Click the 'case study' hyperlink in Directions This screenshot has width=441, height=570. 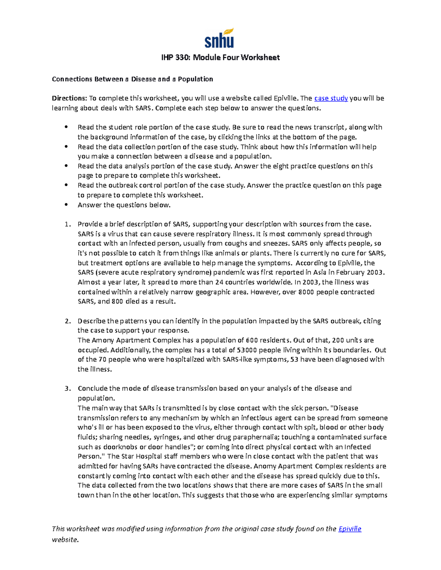[331, 98]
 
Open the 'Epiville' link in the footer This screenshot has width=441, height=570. [349, 529]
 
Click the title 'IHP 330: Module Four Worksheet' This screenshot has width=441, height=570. [220, 58]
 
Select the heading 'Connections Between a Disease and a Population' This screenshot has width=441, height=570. [132, 79]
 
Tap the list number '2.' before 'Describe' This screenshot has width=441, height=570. [67, 321]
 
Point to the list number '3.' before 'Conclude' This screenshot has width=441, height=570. [67, 388]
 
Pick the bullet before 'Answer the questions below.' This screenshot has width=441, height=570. [66, 205]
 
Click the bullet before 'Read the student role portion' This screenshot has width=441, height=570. [66, 127]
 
